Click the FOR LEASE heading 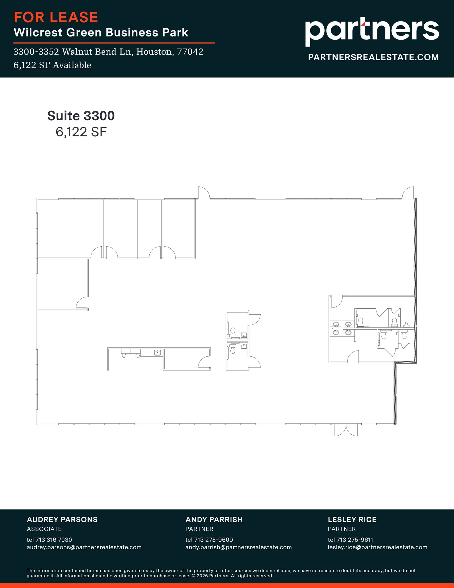(x=56, y=17)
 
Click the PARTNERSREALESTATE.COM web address (x=373, y=57)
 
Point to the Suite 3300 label (x=81, y=116)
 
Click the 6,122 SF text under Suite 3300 (x=81, y=132)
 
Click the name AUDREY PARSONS (x=62, y=519)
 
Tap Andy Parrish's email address (x=238, y=547)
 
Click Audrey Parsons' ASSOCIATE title (x=44, y=529)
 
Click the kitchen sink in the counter (x=157, y=353)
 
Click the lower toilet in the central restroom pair (x=233, y=350)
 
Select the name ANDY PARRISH (x=214, y=519)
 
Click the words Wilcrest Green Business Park (x=101, y=32)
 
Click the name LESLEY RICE (x=352, y=519)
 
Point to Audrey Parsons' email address (x=84, y=547)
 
